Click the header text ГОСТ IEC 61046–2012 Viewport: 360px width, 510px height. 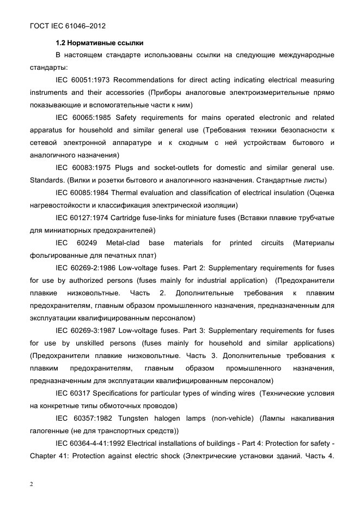tap(68, 26)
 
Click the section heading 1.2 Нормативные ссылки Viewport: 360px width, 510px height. tap(99, 42)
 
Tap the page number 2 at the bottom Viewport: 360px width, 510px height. tap(32, 485)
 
